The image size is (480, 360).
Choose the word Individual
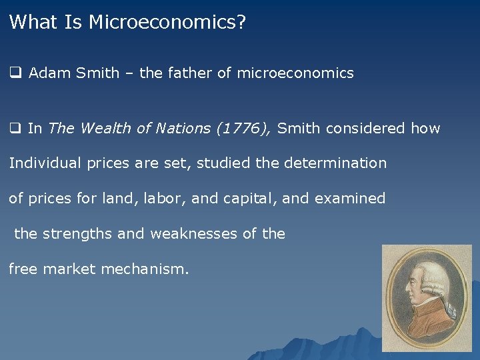pyautogui.click(x=43, y=163)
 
